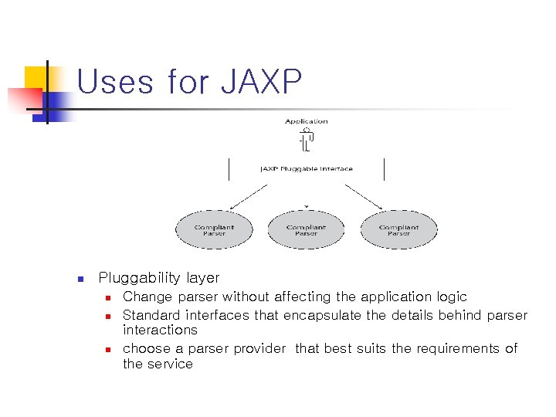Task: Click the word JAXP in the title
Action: point(261,82)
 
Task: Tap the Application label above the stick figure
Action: point(306,121)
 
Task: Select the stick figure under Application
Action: point(306,140)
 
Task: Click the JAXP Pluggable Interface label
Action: point(306,168)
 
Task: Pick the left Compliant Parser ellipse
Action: point(214,230)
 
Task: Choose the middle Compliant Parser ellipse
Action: point(306,230)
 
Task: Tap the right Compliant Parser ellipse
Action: point(398,230)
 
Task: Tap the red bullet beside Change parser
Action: point(109,297)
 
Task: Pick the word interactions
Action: point(160,330)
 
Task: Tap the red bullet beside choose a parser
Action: point(109,349)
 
